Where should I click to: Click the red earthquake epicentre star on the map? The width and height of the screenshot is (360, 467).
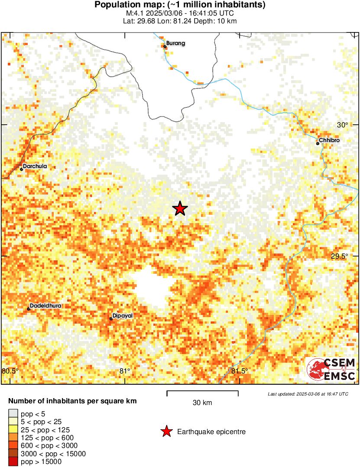(x=180, y=209)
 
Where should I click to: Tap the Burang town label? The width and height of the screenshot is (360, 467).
(x=176, y=43)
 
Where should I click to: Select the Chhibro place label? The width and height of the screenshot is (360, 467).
(x=329, y=141)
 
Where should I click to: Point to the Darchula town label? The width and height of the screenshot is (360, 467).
(x=35, y=166)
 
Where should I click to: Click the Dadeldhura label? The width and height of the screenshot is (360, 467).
(x=45, y=305)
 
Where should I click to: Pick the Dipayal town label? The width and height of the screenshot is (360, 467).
(x=122, y=315)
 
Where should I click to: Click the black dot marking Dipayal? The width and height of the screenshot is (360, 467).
(x=111, y=319)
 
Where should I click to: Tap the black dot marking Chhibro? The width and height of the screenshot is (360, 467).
(x=318, y=143)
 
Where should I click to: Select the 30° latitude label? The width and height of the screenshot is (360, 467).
(x=343, y=125)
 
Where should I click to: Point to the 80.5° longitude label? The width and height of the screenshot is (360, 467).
(x=10, y=371)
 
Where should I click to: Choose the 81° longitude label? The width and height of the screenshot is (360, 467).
(x=125, y=371)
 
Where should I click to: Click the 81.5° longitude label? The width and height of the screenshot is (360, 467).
(x=240, y=371)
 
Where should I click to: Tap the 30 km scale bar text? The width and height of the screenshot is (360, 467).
(x=202, y=403)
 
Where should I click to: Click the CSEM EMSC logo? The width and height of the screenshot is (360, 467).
(x=332, y=370)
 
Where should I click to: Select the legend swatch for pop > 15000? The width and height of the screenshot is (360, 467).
(x=13, y=462)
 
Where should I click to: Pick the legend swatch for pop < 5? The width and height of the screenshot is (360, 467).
(x=13, y=414)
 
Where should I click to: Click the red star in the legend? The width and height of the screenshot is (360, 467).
(x=166, y=431)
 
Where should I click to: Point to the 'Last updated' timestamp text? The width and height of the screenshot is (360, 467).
(x=308, y=394)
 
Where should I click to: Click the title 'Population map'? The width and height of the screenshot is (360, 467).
(x=180, y=5)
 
